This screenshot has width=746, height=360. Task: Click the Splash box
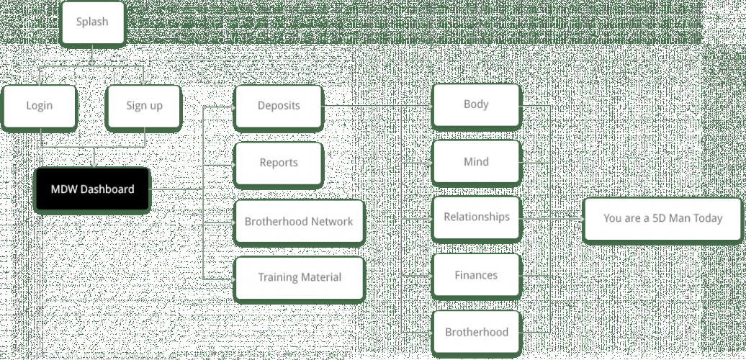coord(92,22)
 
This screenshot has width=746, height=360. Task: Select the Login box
coord(40,106)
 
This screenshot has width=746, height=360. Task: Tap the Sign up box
coord(144,106)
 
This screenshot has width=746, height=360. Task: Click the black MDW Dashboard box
coord(92,189)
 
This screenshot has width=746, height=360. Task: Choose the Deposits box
coord(278,106)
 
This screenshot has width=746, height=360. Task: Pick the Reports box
coord(278,163)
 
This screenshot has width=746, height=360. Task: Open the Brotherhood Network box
coord(299,221)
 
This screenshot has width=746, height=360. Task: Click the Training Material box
coord(299,278)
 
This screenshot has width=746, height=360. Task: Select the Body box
coord(476,105)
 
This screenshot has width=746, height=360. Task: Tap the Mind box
coord(476,162)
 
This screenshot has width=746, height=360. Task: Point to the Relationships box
coord(476,217)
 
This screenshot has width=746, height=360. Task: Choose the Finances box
coord(476,275)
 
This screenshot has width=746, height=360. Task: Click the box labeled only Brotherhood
coord(476,332)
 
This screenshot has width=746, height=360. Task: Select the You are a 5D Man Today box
coord(662,219)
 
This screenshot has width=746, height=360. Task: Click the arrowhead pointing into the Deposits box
coord(233,108)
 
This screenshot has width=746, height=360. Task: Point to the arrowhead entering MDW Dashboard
coord(94,165)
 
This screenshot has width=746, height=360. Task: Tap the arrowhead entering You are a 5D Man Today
coord(581,218)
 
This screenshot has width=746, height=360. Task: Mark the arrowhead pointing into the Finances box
coord(430,275)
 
